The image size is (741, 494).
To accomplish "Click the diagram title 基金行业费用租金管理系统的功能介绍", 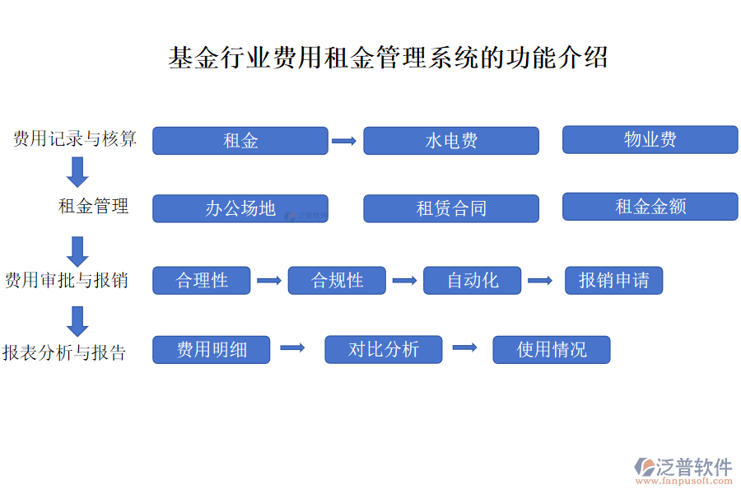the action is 388,58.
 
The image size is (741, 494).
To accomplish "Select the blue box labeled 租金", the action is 240,141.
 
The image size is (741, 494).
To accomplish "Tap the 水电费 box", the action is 451,141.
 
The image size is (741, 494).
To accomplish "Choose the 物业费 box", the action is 650,139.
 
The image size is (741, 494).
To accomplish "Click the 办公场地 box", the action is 240,208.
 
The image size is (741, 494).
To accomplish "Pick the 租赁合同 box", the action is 451,208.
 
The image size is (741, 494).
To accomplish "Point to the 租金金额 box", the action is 650,207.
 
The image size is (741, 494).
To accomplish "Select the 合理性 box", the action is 202,280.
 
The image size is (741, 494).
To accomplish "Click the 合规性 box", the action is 337,280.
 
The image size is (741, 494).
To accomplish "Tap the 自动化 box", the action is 472,280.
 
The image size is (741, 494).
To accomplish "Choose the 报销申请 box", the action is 614,280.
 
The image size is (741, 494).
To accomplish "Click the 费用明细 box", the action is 212,350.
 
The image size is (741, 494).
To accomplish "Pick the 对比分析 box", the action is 383,349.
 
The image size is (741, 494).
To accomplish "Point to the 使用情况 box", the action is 552,350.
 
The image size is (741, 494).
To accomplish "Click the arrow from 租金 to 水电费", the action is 344,141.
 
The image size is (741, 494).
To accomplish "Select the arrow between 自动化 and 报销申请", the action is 540,281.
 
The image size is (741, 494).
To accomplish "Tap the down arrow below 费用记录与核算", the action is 77,172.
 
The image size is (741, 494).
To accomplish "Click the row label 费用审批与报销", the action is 67,280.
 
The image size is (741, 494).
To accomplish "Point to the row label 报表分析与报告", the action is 64,352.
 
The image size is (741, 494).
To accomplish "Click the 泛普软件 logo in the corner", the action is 683,471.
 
